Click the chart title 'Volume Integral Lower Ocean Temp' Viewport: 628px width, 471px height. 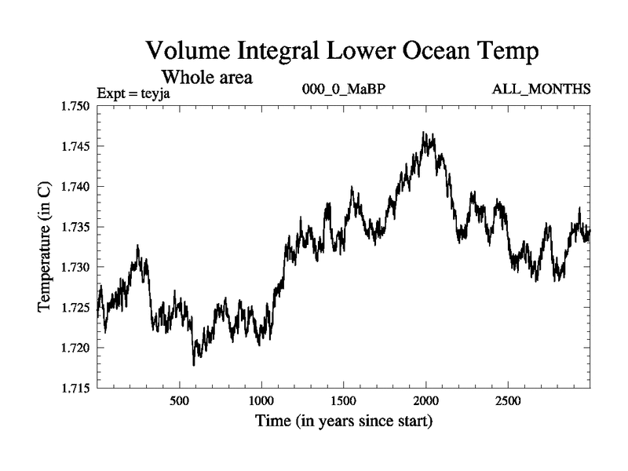(343, 53)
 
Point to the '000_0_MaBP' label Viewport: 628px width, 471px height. (343, 89)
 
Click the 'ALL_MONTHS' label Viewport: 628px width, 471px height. (541, 89)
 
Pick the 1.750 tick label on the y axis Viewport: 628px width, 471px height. (76, 106)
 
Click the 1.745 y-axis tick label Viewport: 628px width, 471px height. (76, 146)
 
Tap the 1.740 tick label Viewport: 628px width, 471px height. (76, 187)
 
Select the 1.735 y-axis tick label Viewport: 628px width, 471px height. (76, 227)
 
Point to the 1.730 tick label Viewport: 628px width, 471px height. (76, 267)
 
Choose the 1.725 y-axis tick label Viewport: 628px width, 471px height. (76, 308)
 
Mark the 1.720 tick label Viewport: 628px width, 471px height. (76, 348)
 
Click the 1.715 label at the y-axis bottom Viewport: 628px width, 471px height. (76, 388)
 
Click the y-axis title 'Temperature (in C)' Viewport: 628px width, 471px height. (45, 246)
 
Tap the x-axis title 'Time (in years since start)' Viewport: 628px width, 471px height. (343, 422)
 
